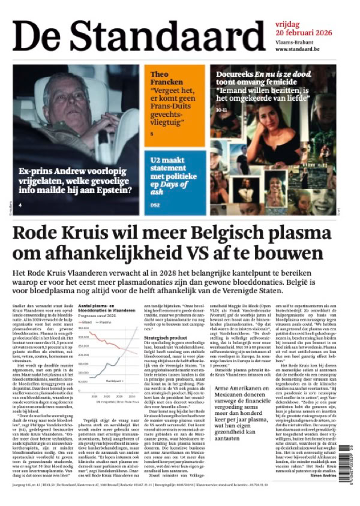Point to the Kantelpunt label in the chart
click(x=114, y=380)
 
